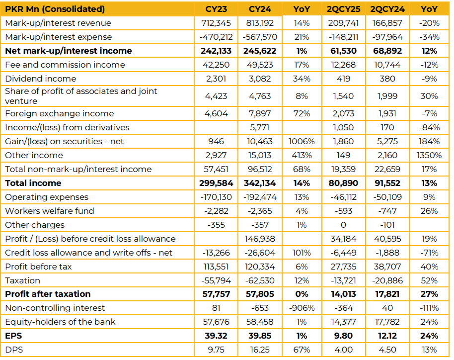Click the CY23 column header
click(216, 9)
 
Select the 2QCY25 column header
click(343, 9)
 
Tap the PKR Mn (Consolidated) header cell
click(55, 9)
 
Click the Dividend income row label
click(41, 79)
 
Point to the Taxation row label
click(22, 280)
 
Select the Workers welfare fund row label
click(50, 211)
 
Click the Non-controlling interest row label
click(55, 308)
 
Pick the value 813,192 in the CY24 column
click(260, 23)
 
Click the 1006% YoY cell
click(302, 141)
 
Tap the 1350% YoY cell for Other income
click(429, 155)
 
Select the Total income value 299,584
click(216, 183)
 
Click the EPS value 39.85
click(260, 336)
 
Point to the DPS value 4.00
click(343, 350)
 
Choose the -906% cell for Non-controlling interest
click(302, 308)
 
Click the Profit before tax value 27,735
click(343, 267)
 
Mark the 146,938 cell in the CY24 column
click(260, 239)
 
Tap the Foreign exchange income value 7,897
click(260, 113)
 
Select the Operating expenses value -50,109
click(387, 197)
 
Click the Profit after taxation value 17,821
click(387, 294)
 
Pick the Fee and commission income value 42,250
click(216, 65)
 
